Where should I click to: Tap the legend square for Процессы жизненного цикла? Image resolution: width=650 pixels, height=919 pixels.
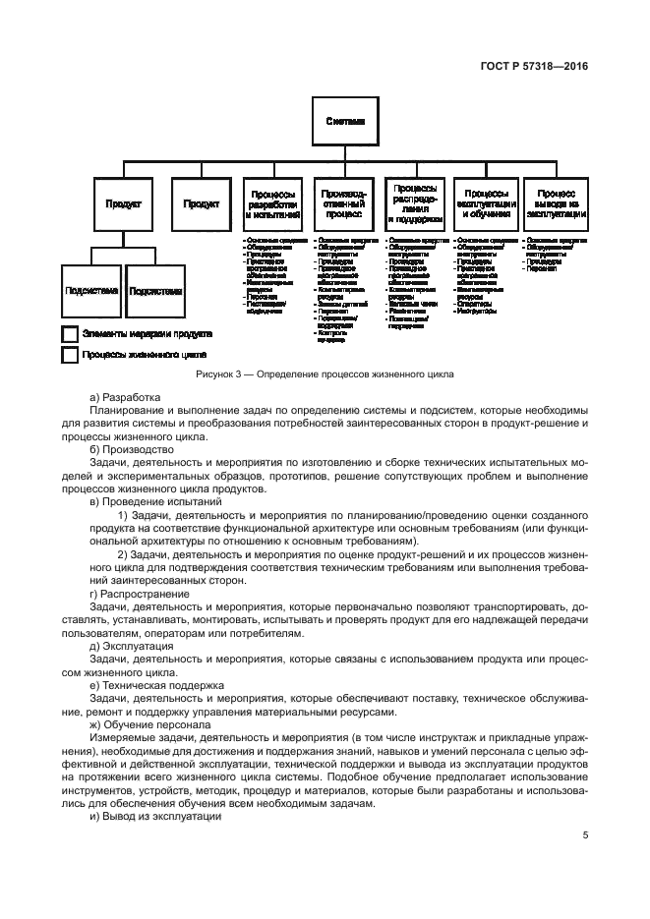70,355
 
